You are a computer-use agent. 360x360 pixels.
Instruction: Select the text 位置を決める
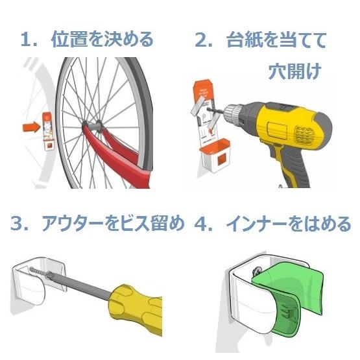(102, 40)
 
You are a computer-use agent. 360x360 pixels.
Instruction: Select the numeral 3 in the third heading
(18, 224)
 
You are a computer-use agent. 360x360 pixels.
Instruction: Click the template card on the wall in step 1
(48, 130)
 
